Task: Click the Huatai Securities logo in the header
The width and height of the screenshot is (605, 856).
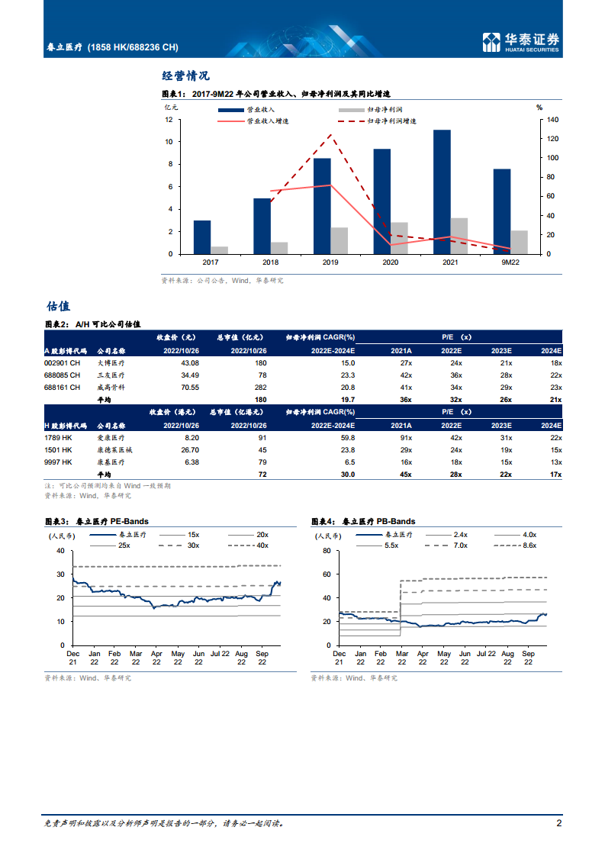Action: [522, 43]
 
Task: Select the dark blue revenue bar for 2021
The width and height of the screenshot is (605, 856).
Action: [442, 191]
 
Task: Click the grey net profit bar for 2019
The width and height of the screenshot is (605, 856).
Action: [339, 240]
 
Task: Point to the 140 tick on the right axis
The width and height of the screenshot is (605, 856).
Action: [553, 120]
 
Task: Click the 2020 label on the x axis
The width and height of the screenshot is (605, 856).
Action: [390, 262]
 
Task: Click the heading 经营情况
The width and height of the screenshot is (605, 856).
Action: [186, 76]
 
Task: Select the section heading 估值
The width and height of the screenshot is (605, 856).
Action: [58, 306]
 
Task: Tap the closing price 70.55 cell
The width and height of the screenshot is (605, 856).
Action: [188, 388]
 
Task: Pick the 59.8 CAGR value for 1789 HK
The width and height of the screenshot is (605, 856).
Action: [347, 438]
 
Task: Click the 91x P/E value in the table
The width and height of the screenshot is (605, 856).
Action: [405, 438]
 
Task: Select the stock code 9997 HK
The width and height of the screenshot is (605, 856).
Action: [58, 462]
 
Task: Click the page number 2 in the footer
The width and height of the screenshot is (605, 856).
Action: [558, 823]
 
